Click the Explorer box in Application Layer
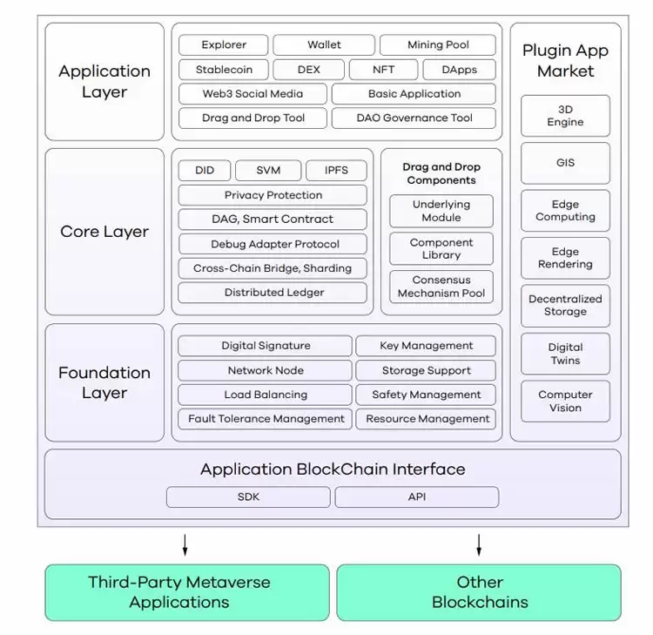224,45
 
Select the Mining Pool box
438,45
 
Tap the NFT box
382,70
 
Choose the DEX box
308,70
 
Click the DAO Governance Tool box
414,118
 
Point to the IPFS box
336,171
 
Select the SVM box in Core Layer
268,171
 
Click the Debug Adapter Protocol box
273,244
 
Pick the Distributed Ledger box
273,293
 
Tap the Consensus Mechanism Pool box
441,287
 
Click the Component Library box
441,248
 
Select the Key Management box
426,346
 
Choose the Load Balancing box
266,395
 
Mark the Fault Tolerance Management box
266,419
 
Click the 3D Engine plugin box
565,116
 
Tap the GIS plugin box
565,163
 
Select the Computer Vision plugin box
565,401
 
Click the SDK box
248,497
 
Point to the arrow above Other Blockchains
479,545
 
